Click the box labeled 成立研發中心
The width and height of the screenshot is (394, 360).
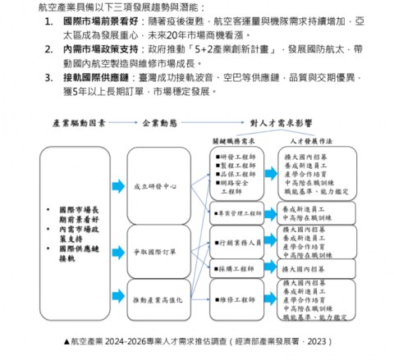161,187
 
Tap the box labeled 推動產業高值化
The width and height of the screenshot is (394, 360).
161,299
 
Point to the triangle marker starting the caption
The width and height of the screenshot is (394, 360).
66,339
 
